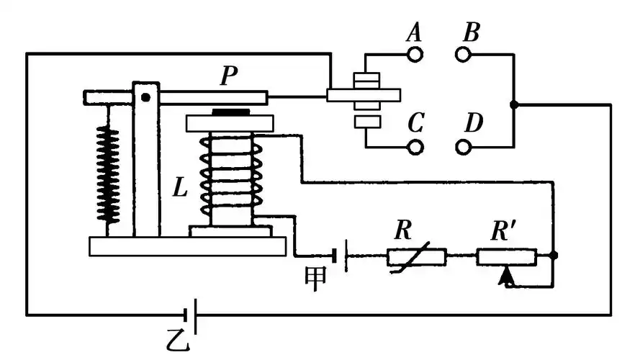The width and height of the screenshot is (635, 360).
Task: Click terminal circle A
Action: click(415, 53)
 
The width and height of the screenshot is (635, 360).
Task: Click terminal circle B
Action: click(463, 53)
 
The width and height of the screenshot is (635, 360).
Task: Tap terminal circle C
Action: click(415, 146)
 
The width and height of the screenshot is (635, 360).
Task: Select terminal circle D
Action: click(463, 146)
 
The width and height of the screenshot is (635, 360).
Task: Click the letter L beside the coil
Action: click(181, 189)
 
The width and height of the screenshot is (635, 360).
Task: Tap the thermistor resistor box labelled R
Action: click(417, 256)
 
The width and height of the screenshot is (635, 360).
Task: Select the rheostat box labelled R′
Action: click(507, 256)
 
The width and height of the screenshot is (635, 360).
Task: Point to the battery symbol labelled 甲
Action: click(341, 256)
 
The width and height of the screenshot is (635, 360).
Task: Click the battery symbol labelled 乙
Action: click(189, 315)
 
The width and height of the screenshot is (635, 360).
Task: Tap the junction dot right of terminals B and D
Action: click(513, 105)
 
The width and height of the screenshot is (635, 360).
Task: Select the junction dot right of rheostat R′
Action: click(553, 256)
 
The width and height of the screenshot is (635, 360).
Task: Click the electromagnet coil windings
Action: click(228, 179)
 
